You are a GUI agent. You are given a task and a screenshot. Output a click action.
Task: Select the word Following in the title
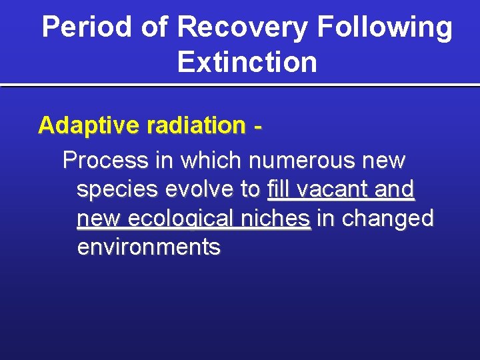pyautogui.click(x=385, y=28)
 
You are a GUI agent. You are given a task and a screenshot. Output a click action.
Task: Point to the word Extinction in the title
pyautogui.click(x=247, y=63)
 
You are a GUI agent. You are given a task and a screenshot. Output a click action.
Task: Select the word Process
pyautogui.click(x=105, y=161)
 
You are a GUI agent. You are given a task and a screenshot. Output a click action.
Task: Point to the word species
pyautogui.click(x=118, y=190)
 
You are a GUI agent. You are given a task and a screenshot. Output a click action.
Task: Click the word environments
pyautogui.click(x=148, y=247)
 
